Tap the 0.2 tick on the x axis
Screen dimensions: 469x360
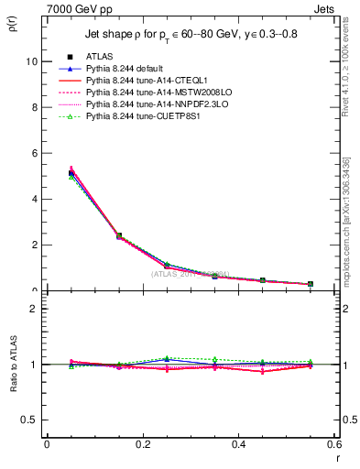(x=143, y=443)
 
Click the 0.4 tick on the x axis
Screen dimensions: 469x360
(x=238, y=443)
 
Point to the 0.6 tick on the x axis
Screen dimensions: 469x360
(x=333, y=443)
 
